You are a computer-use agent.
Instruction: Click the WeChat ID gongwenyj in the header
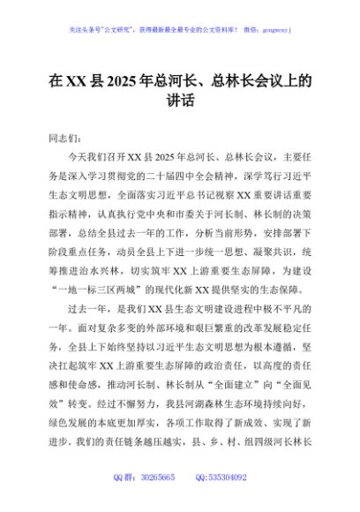(274, 28)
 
